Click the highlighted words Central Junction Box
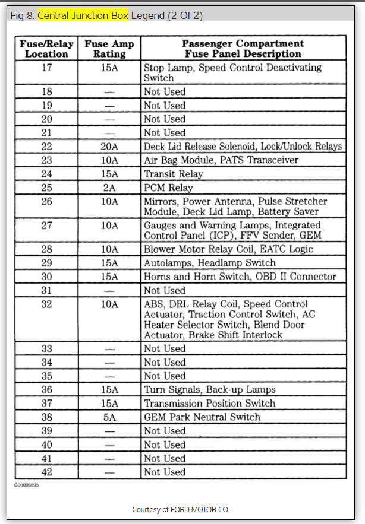(x=83, y=15)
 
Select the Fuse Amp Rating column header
(x=109, y=49)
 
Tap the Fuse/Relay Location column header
(x=46, y=49)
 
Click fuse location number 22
(x=46, y=146)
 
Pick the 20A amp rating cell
(x=109, y=146)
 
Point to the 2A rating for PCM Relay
(x=109, y=188)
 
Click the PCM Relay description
(x=168, y=188)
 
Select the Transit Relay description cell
(x=173, y=174)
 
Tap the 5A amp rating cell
(x=109, y=417)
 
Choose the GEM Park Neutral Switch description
(x=202, y=417)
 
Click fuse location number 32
(x=46, y=304)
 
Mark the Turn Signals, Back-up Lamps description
(x=209, y=389)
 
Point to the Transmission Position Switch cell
(x=209, y=403)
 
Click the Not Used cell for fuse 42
(x=165, y=472)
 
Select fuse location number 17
(x=46, y=68)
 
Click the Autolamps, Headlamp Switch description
(x=209, y=262)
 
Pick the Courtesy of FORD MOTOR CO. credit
(x=181, y=509)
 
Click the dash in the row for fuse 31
(x=109, y=291)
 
